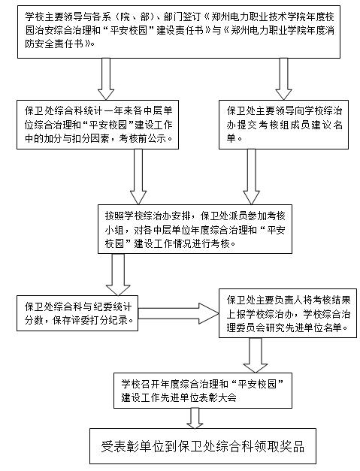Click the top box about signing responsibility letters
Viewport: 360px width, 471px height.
click(x=179, y=32)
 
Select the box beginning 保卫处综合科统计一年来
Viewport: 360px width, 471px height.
click(x=98, y=125)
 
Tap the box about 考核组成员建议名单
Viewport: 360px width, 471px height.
click(x=283, y=125)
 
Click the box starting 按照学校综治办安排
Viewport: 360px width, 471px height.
click(x=195, y=229)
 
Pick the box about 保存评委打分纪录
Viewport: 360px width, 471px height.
click(x=77, y=313)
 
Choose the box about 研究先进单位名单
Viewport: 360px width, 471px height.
click(x=288, y=313)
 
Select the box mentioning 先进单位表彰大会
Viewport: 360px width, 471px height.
click(x=203, y=390)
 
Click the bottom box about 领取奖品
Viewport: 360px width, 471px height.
click(x=203, y=446)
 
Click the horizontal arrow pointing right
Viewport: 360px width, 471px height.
click(x=179, y=313)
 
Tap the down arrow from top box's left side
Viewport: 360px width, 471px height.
click(x=106, y=79)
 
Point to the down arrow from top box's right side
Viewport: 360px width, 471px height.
click(x=283, y=79)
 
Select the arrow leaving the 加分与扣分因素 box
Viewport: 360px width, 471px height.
click(x=138, y=177)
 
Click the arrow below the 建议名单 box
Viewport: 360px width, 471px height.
click(x=251, y=177)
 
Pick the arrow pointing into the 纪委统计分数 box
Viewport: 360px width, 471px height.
click(x=118, y=274)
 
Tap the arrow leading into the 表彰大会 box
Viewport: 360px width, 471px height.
click(x=256, y=355)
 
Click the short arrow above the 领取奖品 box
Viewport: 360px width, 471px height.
click(x=195, y=418)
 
